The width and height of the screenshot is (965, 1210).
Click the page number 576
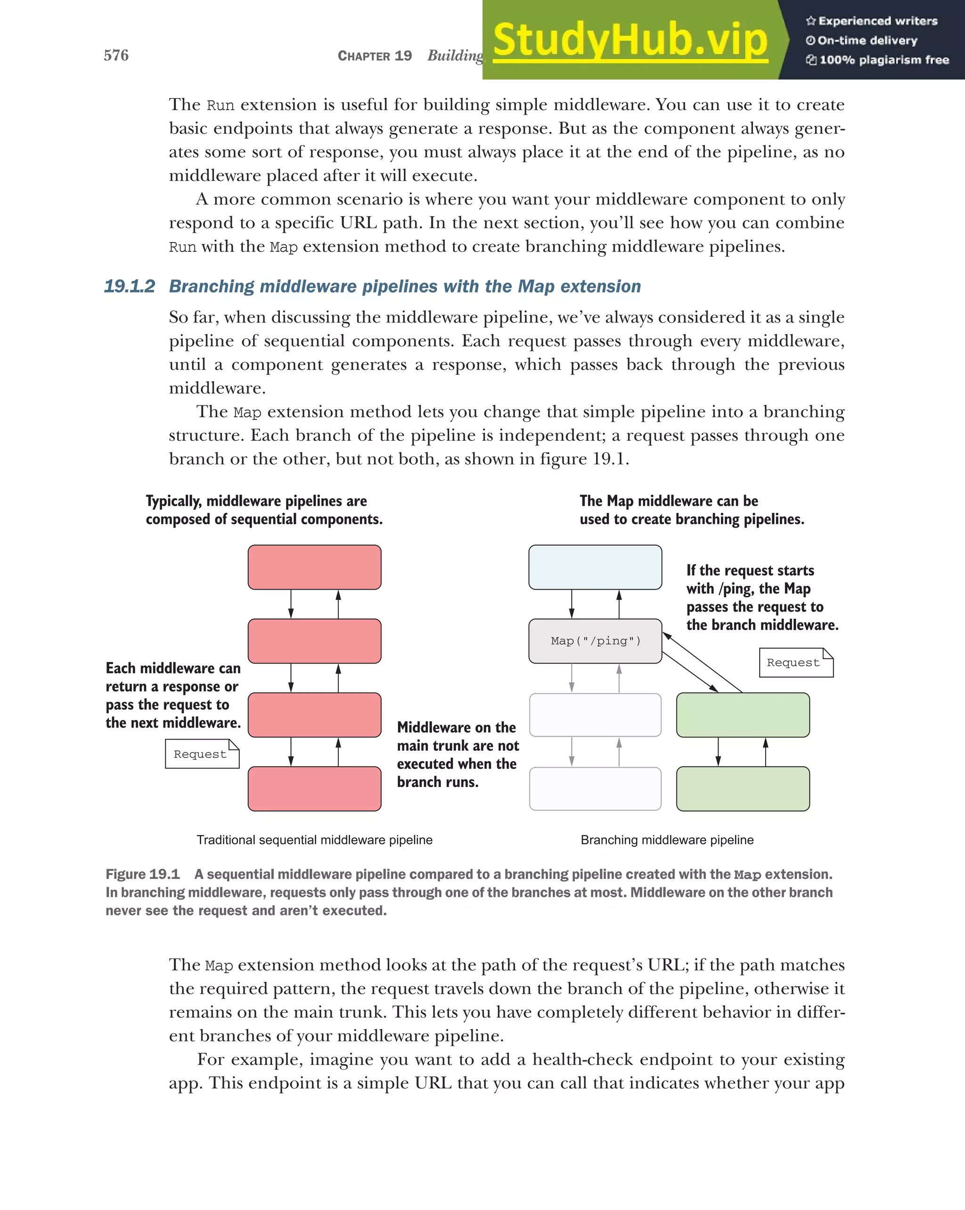[x=116, y=55]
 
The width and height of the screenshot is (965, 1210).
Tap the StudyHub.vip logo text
[x=630, y=41]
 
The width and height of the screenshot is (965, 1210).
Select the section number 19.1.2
[x=130, y=286]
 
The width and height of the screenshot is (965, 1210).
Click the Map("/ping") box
[x=595, y=641]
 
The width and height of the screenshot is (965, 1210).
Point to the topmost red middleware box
[x=314, y=568]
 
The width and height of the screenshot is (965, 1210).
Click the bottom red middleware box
[x=314, y=788]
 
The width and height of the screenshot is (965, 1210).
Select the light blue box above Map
[x=595, y=568]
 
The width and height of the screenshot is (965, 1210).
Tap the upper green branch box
[x=743, y=715]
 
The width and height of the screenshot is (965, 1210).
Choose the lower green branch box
[x=743, y=788]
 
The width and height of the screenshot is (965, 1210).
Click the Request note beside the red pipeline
[x=202, y=754]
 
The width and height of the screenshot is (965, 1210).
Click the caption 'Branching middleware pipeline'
[x=667, y=840]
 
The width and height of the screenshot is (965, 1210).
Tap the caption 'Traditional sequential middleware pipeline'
[x=314, y=840]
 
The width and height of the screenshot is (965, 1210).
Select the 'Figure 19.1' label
[x=143, y=874]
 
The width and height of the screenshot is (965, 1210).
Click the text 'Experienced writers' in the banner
[x=877, y=21]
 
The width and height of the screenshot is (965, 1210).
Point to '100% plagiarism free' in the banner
[x=883, y=60]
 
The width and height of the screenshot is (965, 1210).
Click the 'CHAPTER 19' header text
[x=375, y=56]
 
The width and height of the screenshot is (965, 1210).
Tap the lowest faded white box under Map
[x=595, y=788]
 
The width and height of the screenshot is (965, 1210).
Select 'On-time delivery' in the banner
[x=867, y=41]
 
